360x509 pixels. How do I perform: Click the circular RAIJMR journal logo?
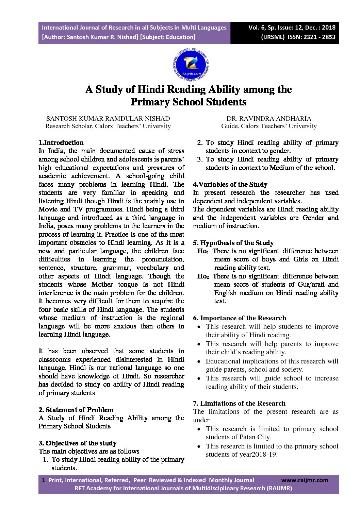tap(191, 65)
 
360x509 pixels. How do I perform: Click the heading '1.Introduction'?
tap(61, 143)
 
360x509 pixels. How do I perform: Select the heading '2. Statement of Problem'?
tap(76, 410)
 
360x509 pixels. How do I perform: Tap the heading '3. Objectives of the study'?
tap(78, 443)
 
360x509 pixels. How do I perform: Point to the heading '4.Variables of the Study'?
tap(230, 184)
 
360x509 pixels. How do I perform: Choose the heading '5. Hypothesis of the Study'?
tap(233, 243)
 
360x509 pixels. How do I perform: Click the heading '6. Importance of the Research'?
tap(239, 318)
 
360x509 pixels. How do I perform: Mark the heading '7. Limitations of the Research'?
tap(239, 403)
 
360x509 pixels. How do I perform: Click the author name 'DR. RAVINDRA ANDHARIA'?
tap(269, 119)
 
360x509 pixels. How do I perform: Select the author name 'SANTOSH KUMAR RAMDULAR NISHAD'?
tap(108, 119)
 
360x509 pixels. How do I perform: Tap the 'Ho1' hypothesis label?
tap(203, 251)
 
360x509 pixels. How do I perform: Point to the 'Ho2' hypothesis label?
tap(203, 276)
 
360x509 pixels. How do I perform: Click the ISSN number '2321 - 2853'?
tap(320, 37)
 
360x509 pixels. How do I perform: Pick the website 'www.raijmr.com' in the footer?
tap(305, 480)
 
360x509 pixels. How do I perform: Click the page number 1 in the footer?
tap(44, 480)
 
